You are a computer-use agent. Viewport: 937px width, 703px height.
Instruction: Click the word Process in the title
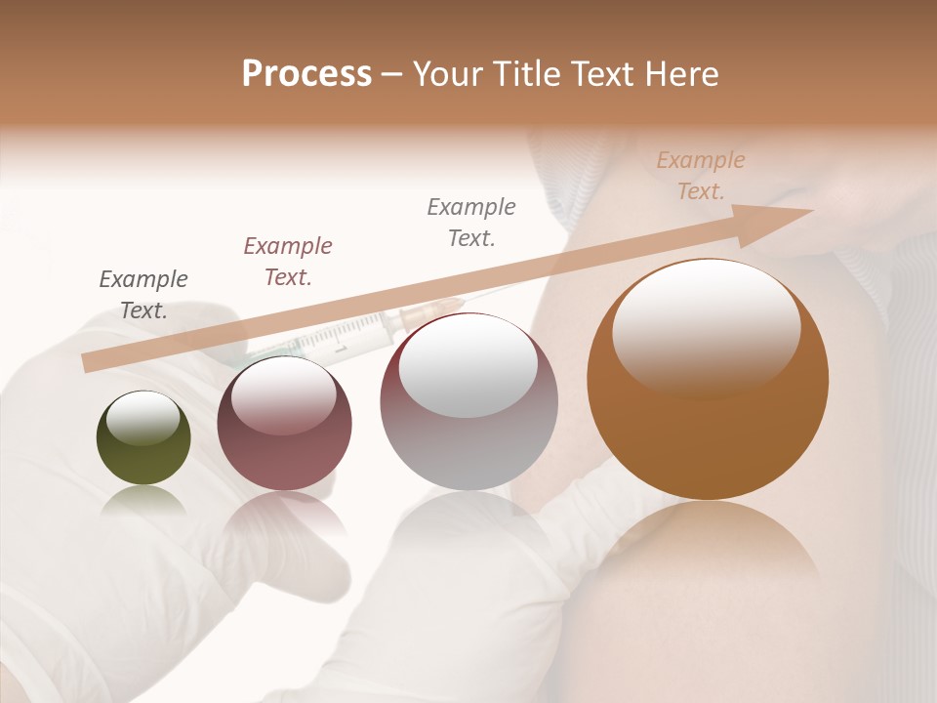click(x=306, y=74)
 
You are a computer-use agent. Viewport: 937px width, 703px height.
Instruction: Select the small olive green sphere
click(x=143, y=438)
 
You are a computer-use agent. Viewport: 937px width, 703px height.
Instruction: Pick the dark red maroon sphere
click(x=284, y=424)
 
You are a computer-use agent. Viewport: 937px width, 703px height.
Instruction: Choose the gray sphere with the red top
click(x=468, y=402)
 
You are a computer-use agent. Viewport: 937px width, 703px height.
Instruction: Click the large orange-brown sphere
click(x=708, y=381)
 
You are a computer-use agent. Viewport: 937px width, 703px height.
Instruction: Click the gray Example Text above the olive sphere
click(x=143, y=295)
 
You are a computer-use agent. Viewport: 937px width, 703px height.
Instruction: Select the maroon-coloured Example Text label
click(x=288, y=262)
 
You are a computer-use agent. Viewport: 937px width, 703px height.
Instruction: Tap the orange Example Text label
click(x=700, y=176)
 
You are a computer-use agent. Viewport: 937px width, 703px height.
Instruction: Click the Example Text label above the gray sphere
click(x=471, y=223)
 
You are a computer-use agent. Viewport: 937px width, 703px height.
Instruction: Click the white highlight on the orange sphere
click(x=707, y=327)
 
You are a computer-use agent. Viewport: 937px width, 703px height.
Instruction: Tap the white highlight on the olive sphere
click(x=143, y=418)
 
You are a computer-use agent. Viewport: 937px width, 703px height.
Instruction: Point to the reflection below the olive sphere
click(x=143, y=502)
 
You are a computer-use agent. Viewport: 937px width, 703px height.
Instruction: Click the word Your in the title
click(x=450, y=74)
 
